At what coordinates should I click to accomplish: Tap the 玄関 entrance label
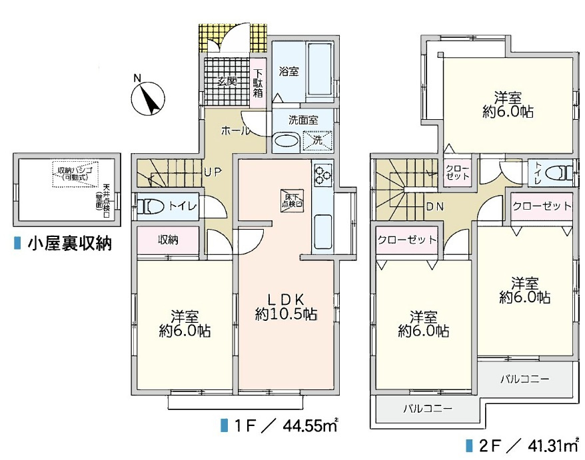pyautogui.click(x=228, y=82)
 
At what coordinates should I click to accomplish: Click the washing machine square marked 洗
pyautogui.click(x=317, y=140)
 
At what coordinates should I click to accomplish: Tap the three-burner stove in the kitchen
pyautogui.click(x=322, y=174)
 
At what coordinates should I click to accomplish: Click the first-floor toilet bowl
pyautogui.click(x=152, y=207)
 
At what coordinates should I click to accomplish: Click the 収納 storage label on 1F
pyautogui.click(x=168, y=240)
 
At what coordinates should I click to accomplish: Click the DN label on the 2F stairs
pyautogui.click(x=435, y=206)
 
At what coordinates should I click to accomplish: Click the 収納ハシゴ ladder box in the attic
pyautogui.click(x=74, y=175)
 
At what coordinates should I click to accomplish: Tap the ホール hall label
pyautogui.click(x=235, y=129)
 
